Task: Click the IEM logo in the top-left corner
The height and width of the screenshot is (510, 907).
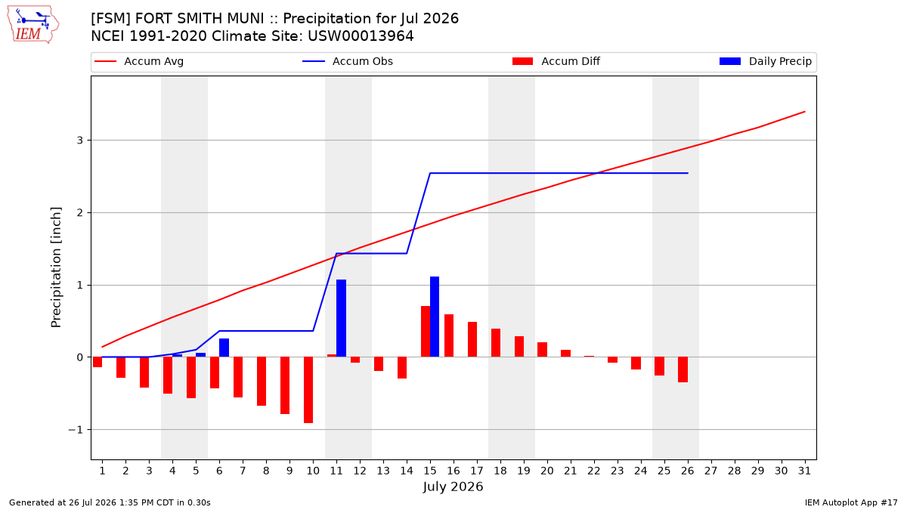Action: click(33, 25)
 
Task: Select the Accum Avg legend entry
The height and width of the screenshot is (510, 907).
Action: click(139, 61)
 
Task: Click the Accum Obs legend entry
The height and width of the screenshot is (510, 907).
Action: click(348, 61)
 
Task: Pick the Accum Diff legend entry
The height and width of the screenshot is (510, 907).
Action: click(556, 61)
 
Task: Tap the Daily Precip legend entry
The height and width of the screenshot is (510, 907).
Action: click(765, 61)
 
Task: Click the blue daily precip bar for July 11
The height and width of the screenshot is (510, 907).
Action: click(341, 318)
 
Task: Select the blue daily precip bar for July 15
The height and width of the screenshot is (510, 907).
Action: click(435, 317)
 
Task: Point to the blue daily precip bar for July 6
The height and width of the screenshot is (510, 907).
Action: click(224, 348)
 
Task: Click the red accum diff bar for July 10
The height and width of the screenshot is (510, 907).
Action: click(308, 390)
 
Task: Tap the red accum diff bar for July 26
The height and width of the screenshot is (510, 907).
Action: click(683, 369)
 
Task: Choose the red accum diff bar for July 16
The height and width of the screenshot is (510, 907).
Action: click(449, 335)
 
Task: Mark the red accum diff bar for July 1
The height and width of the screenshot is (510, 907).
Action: click(98, 362)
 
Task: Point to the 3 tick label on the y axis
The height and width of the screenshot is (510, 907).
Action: click(79, 140)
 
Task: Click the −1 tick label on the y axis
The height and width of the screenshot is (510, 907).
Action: click(76, 429)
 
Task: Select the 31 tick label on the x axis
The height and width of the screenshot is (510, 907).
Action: click(804, 471)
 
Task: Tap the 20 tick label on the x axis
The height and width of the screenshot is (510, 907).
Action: click(547, 471)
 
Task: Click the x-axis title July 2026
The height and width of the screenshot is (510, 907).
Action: click(453, 487)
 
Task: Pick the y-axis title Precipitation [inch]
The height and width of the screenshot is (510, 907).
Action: click(56, 267)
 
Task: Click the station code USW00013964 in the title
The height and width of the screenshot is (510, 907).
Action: click(361, 36)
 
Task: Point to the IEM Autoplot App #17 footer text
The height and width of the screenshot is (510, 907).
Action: click(851, 502)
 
